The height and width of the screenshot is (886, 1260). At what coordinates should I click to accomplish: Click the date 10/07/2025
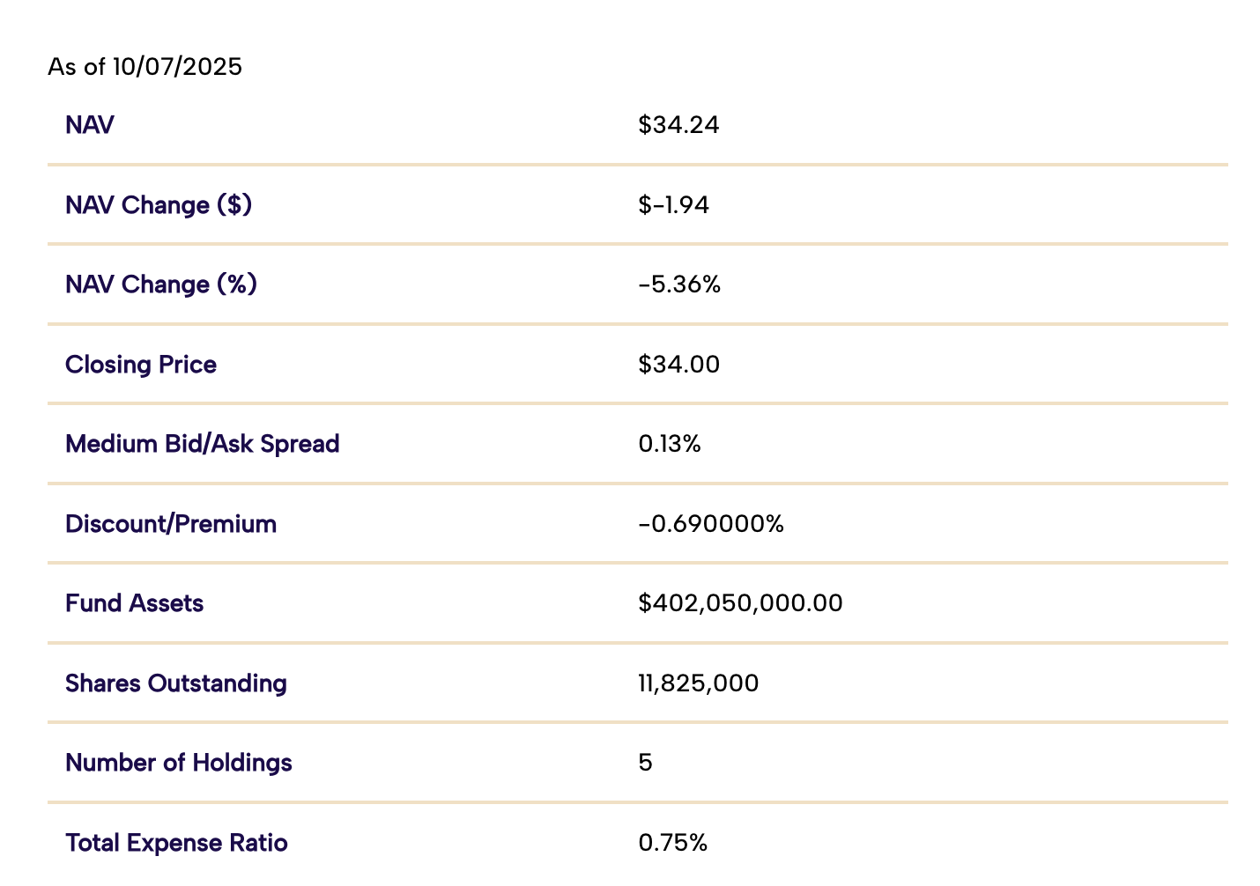point(176,67)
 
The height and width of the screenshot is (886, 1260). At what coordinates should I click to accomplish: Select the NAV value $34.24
point(678,125)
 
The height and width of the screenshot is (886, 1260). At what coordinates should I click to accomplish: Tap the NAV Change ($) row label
point(159,205)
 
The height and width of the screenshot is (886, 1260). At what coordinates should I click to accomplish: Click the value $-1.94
point(673,205)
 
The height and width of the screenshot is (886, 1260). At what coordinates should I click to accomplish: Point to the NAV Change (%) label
point(161,284)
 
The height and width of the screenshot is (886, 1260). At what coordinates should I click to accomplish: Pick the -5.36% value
point(679,284)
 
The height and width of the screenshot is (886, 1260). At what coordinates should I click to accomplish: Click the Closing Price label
point(141,365)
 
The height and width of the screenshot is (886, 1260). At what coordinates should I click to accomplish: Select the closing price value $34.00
point(678,365)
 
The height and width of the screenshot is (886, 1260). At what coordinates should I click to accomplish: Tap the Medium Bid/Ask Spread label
point(202,444)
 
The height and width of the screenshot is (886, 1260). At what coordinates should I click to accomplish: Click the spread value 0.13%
point(670,444)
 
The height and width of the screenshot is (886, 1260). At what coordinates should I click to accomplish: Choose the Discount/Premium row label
point(171,524)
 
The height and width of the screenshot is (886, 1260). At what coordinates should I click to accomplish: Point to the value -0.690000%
point(710,524)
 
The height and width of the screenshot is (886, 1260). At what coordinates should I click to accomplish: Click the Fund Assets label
point(134,603)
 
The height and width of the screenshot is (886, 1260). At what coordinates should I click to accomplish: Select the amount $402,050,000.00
point(740,603)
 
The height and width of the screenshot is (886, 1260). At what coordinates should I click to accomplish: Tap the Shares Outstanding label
point(176,683)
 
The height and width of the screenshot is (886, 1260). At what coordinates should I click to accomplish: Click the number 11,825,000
point(698,683)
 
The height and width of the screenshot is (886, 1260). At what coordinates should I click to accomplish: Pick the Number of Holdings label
point(179,763)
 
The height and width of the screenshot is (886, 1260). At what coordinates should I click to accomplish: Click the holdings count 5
point(645,763)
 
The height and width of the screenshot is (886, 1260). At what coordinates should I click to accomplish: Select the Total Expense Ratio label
point(176,843)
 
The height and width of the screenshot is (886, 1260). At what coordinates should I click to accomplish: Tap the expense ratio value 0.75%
point(672,843)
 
